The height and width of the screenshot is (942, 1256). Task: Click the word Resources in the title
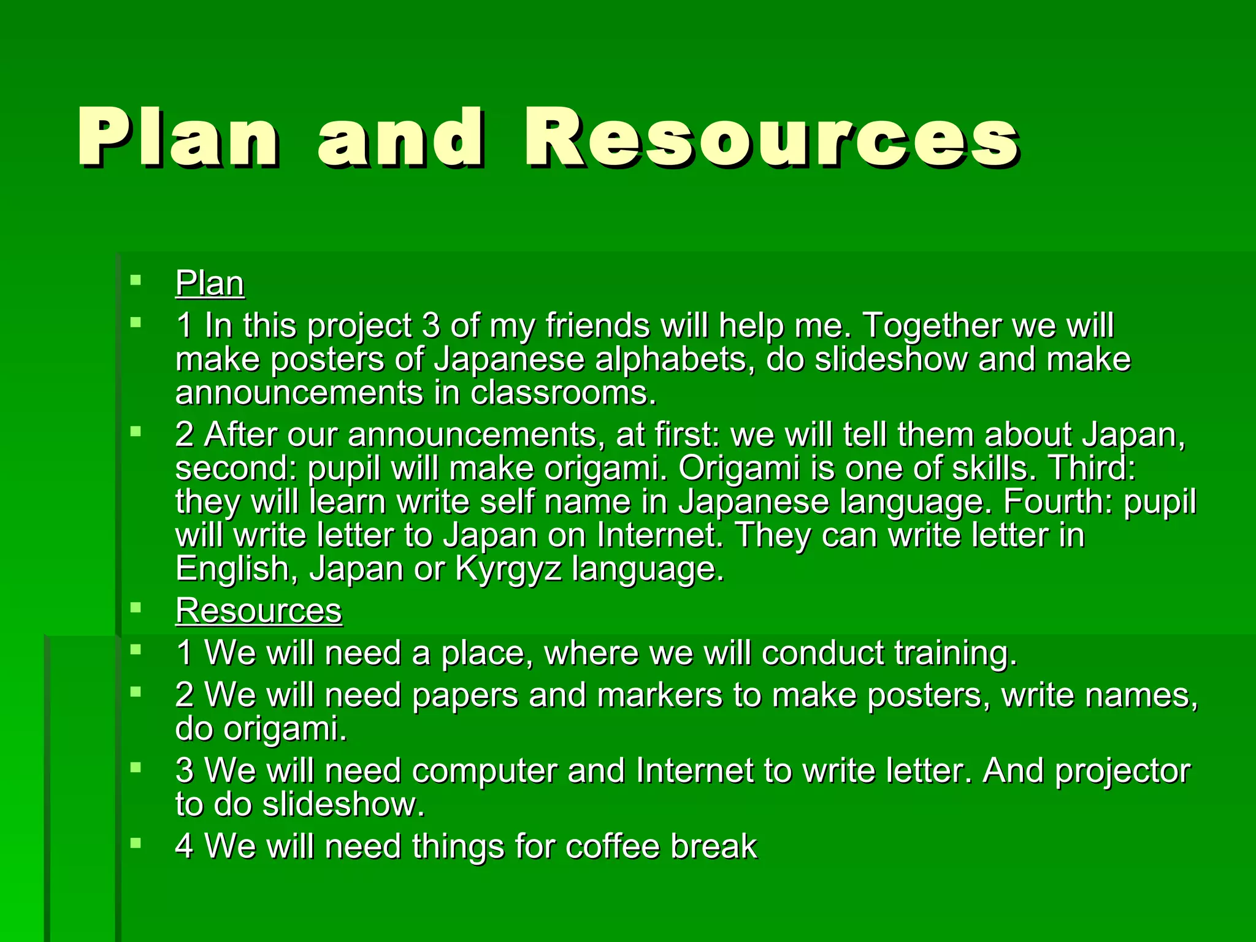click(x=772, y=138)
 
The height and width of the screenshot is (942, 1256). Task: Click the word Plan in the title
click(x=178, y=138)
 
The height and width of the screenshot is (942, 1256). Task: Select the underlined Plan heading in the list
click(x=210, y=283)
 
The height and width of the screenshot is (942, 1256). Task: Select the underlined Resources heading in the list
click(x=259, y=611)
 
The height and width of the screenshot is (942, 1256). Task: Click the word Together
click(x=932, y=325)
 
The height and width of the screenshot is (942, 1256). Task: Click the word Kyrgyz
click(x=508, y=569)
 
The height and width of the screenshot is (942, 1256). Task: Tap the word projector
click(x=1122, y=771)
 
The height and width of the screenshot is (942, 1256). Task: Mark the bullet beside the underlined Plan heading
click(x=136, y=281)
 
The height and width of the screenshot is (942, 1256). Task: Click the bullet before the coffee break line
click(x=136, y=844)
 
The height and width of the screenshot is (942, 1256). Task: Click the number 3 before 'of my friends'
click(x=431, y=325)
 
